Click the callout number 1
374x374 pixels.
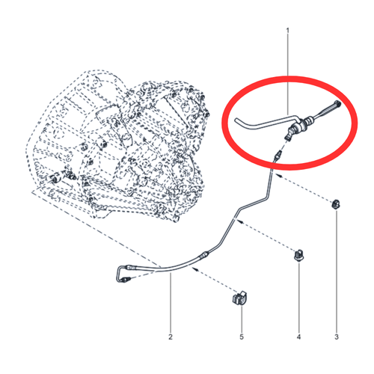[288, 31]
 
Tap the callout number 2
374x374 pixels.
[171, 337]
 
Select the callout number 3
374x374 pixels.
[337, 337]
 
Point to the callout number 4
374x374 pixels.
[298, 337]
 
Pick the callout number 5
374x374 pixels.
[242, 337]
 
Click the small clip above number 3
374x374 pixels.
[336, 204]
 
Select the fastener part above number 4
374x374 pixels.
[298, 255]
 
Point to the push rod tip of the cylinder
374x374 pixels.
[337, 102]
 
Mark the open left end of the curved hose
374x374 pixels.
[236, 120]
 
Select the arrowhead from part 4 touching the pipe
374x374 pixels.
[238, 220]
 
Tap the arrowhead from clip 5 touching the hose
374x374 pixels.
[194, 269]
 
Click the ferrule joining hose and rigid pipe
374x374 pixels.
[203, 254]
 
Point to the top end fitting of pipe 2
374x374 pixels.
[278, 156]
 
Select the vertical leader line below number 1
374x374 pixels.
[288, 75]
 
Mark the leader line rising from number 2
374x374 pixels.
[171, 302]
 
